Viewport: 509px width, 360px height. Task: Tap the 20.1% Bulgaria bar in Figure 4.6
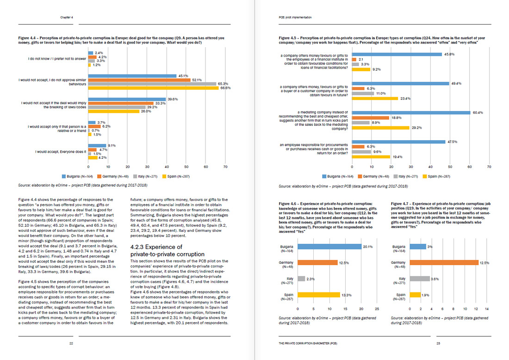pos(329,247)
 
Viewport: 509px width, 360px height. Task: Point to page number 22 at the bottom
pos(71,343)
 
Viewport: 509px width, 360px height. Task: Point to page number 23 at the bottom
pos(438,343)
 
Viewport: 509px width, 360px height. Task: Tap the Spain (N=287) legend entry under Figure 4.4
pos(178,176)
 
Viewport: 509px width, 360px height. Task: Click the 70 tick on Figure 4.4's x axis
pos(225,166)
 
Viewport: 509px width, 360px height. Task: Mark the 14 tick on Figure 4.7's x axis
pos(487,309)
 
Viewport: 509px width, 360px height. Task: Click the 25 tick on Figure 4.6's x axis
pos(377,309)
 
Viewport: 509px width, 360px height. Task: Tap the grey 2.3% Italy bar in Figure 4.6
pos(301,279)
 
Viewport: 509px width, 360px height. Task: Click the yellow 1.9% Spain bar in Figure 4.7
pos(415,295)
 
